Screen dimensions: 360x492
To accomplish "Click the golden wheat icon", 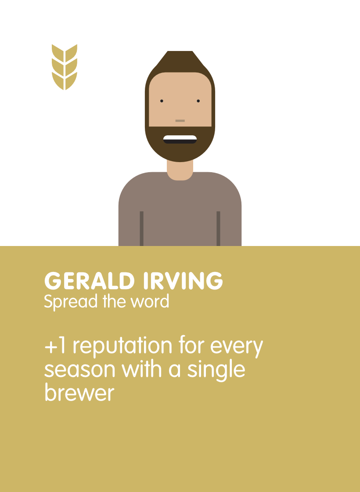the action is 64,67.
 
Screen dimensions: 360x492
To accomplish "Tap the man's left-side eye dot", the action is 162,101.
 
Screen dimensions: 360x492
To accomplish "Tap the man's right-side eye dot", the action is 198,101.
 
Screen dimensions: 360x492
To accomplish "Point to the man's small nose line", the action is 180,120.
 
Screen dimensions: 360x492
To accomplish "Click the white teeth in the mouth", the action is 180,137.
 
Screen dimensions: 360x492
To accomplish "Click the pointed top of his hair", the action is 180,51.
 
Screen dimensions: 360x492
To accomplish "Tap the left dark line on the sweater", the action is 141,228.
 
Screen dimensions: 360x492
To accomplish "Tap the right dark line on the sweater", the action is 218,228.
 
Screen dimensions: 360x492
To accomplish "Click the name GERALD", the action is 90,281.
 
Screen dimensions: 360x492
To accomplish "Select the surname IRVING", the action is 183,281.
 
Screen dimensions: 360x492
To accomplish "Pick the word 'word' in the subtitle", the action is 150,301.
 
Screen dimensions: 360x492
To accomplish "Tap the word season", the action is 80,370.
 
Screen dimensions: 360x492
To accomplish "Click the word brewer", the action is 79,392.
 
